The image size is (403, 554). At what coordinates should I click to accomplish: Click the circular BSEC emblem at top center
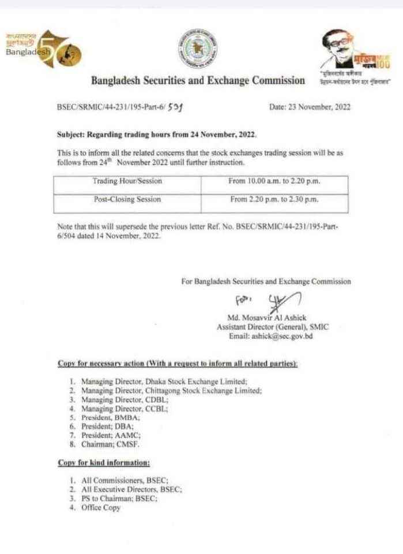click(198, 49)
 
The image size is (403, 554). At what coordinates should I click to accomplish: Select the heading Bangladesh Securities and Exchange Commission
click(198, 81)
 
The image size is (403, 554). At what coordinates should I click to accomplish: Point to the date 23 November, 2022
click(310, 107)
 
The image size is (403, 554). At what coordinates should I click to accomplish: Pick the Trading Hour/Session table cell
click(127, 181)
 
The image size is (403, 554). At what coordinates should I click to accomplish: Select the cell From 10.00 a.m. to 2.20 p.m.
click(274, 181)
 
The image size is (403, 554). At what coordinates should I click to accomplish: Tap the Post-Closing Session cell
click(127, 200)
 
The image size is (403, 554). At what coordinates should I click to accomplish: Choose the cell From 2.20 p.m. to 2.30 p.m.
click(274, 200)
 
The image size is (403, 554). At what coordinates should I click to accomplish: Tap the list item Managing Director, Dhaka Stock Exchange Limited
click(164, 381)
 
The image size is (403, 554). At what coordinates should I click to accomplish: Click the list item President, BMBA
click(108, 417)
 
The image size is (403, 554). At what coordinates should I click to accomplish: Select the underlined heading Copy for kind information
click(104, 463)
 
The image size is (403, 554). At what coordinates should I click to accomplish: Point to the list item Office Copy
click(101, 508)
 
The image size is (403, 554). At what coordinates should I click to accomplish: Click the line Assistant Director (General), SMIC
click(272, 327)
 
